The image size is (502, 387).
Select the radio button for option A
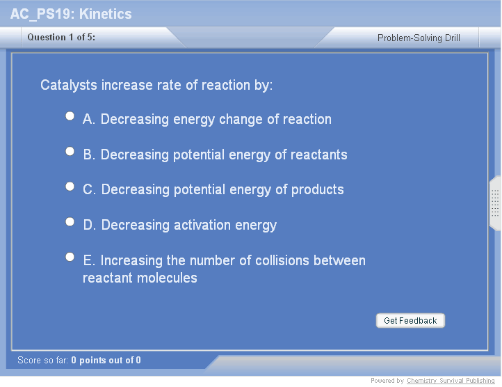click(x=70, y=116)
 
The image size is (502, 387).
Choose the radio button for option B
click(x=70, y=151)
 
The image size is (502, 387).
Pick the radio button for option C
click(x=70, y=187)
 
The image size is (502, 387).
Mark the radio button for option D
click(x=70, y=221)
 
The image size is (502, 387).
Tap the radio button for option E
click(x=70, y=257)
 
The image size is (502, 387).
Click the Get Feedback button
click(x=410, y=320)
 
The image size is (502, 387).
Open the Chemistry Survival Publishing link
click(x=451, y=381)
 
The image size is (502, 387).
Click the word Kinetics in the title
click(x=105, y=14)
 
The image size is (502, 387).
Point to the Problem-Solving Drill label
click(x=419, y=38)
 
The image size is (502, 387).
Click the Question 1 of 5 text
click(x=61, y=37)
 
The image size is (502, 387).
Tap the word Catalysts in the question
click(x=69, y=86)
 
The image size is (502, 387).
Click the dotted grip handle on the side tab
click(x=495, y=203)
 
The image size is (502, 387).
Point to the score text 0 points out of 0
click(x=106, y=360)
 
